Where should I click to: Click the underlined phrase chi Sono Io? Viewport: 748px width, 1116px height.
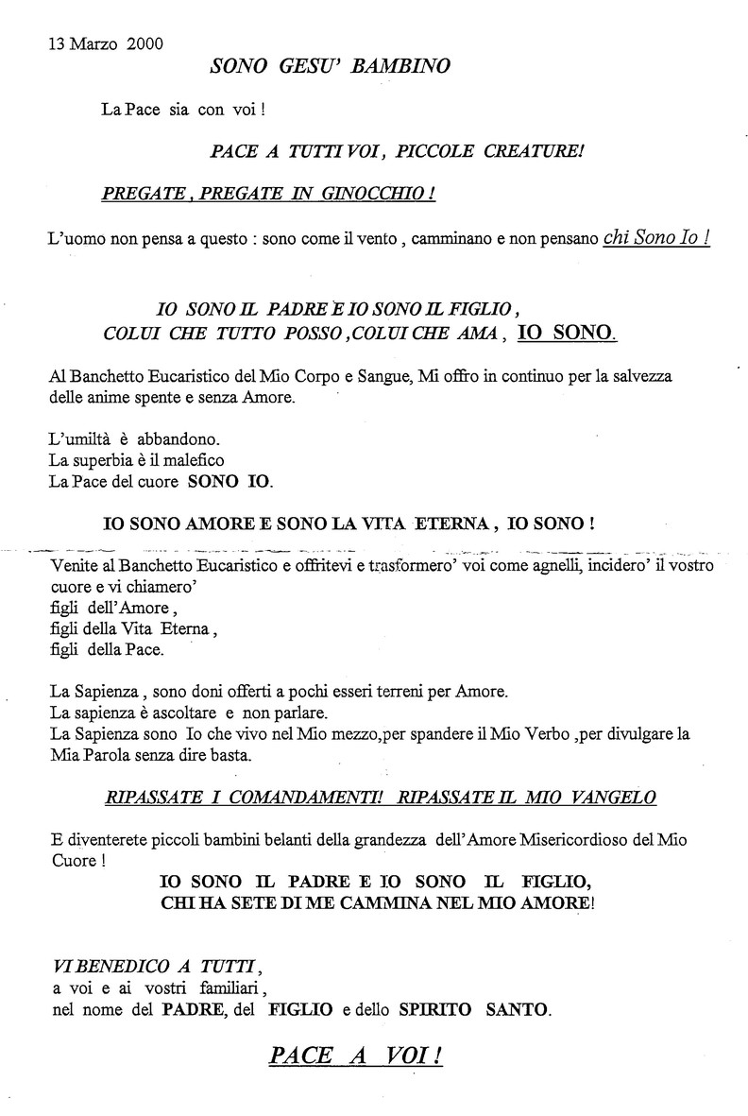point(655,238)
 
